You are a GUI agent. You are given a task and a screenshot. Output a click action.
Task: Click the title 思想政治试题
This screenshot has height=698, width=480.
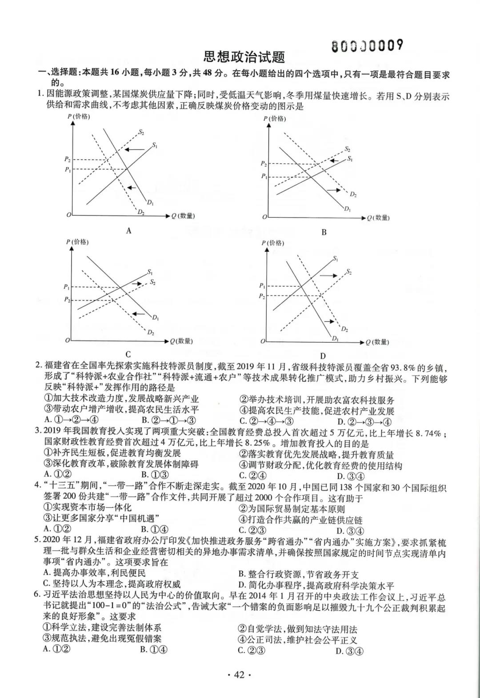click(244, 57)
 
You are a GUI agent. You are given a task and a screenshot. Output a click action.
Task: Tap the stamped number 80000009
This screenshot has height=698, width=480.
click(368, 45)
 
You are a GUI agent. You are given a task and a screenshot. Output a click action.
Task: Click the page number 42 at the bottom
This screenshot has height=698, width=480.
click(239, 675)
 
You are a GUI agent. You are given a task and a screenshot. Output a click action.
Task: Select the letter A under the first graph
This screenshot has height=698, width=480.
click(129, 230)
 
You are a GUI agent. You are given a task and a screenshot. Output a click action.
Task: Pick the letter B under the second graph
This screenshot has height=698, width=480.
click(324, 232)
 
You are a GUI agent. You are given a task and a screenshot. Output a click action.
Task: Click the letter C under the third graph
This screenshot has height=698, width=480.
click(128, 354)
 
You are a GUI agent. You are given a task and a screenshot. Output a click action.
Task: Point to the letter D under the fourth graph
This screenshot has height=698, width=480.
click(323, 356)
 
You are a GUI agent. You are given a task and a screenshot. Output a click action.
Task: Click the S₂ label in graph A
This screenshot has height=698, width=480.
click(141, 132)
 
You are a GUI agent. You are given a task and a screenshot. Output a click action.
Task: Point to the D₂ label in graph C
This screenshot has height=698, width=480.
click(151, 332)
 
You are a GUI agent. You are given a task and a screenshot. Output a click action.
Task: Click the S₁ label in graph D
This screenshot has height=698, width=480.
click(335, 258)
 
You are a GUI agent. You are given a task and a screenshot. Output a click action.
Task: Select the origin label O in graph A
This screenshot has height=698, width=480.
click(68, 215)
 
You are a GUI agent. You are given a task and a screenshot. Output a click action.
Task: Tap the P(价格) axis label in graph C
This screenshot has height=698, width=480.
click(77, 242)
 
